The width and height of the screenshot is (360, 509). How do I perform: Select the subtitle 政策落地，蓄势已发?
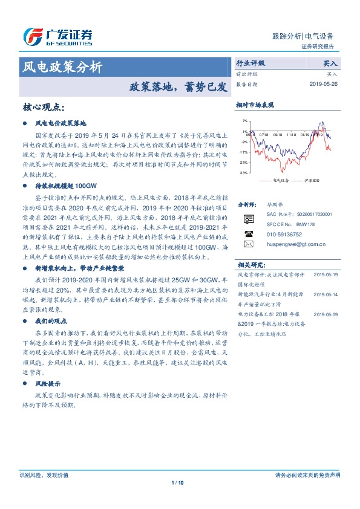(177, 86)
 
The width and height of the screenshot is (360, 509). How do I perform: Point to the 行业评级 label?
(250, 63)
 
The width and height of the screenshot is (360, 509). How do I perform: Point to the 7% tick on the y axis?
(244, 122)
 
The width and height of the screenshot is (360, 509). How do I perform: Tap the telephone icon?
(249, 234)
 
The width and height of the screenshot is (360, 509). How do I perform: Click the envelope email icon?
(249, 244)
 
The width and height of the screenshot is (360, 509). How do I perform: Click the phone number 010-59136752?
(284, 234)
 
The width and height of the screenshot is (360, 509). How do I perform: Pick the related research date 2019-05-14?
(326, 294)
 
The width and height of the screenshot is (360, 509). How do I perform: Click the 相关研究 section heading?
(251, 265)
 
